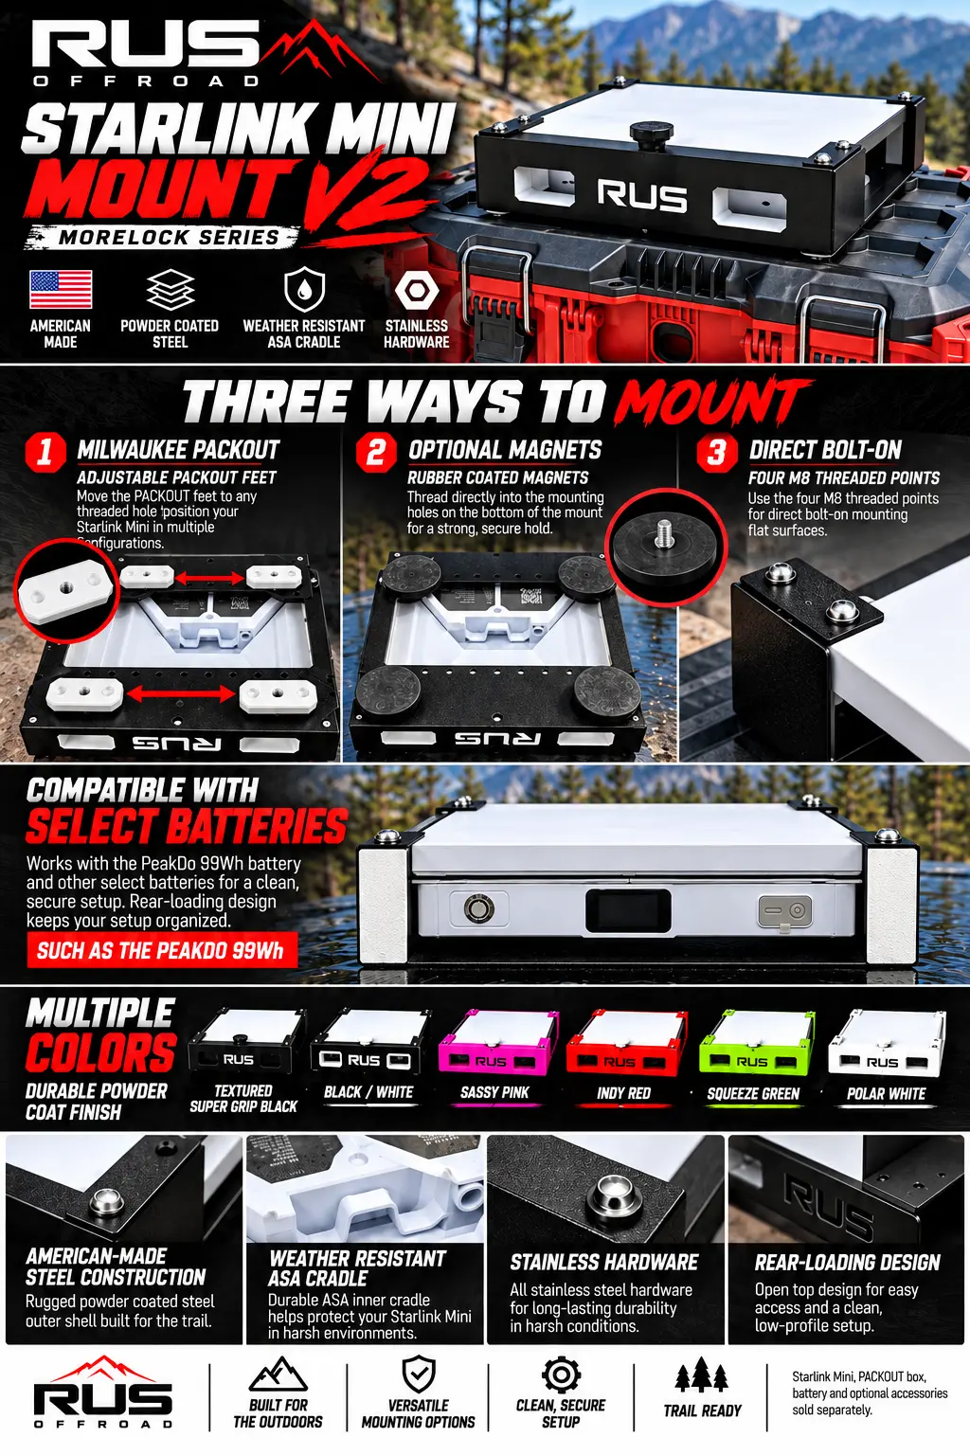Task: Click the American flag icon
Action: point(61,289)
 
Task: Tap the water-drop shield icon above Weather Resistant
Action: point(304,289)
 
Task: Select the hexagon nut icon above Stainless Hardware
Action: point(417,290)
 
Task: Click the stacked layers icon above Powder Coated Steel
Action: point(171,290)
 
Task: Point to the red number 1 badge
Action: point(45,452)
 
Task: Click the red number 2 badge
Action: point(376,452)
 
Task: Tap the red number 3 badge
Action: point(717,453)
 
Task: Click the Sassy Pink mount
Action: point(497,1043)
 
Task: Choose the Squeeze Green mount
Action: point(756,1043)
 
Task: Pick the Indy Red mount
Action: point(625,1043)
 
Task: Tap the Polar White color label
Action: point(887,1094)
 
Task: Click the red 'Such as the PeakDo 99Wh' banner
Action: point(162,951)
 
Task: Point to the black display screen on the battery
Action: point(628,909)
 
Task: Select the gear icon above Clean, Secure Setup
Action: point(561,1375)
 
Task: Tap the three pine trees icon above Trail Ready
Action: point(702,1374)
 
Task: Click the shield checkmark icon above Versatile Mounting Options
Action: point(419,1374)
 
